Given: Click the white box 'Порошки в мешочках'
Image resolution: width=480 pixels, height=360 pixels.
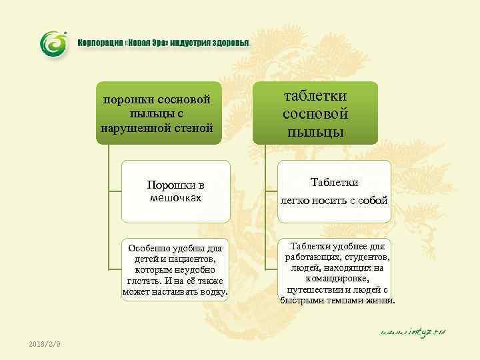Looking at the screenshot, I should coord(176,191).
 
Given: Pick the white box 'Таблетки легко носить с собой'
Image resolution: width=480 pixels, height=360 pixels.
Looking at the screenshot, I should coord(334,191).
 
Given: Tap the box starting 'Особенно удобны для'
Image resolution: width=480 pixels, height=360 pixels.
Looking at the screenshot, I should coord(176,269).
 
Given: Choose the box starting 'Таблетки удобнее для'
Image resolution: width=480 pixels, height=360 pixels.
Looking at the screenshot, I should coord(338,272).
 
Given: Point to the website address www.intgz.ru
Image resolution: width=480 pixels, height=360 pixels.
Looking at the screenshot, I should coord(413,331).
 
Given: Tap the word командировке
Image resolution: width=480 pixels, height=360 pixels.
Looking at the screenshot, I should coord(338,279).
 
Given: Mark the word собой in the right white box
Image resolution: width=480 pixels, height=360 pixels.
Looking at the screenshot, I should coord(374,200).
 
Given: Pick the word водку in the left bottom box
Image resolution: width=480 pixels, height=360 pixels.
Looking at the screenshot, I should coord(213,292).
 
